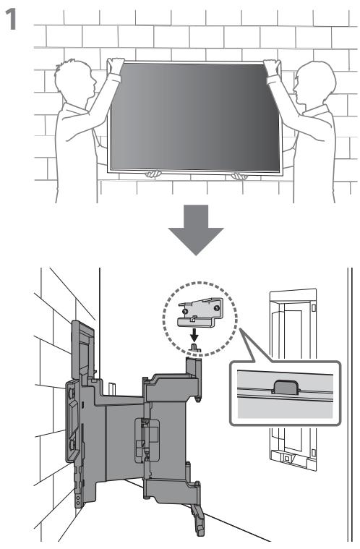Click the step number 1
point(11,20)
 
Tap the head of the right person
point(314,82)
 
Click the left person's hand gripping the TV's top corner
point(116,65)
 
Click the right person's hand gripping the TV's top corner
point(273,67)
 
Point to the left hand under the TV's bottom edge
point(153,174)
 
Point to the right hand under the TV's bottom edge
point(239,176)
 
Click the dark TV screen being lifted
point(194,117)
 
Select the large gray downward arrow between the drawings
point(196,230)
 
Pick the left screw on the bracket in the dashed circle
point(185,311)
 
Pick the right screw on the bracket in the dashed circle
point(217,307)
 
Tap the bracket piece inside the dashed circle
point(200,312)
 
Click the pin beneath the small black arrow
point(195,349)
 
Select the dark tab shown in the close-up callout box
point(286,387)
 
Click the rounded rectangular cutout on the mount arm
point(147,440)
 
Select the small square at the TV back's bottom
point(286,458)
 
